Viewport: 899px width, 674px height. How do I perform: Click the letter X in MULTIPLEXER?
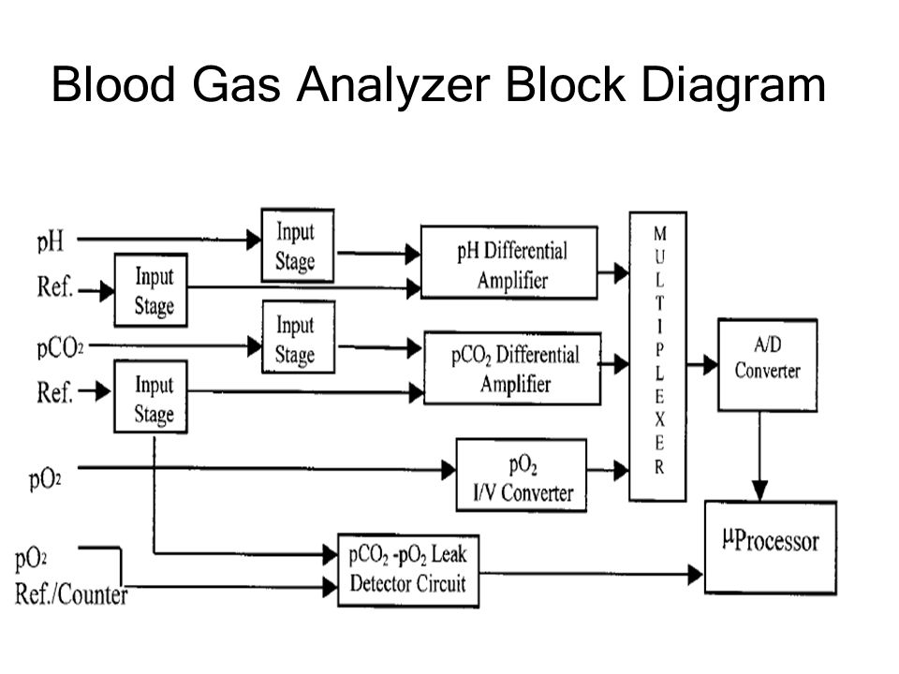(x=659, y=420)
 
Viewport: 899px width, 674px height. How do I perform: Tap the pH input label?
(x=51, y=242)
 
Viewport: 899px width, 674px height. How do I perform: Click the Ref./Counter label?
(x=71, y=594)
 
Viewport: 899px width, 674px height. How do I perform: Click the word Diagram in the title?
(x=733, y=86)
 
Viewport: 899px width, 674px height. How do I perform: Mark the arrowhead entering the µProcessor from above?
(x=759, y=491)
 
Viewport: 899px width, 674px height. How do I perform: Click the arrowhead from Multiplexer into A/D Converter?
(x=710, y=364)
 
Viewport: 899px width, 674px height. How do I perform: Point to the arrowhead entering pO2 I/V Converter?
(x=449, y=470)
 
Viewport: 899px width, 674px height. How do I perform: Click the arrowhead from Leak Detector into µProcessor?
(x=696, y=574)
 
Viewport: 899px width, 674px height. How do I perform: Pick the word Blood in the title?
(x=113, y=85)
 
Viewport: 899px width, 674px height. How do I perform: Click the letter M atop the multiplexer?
(x=660, y=233)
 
